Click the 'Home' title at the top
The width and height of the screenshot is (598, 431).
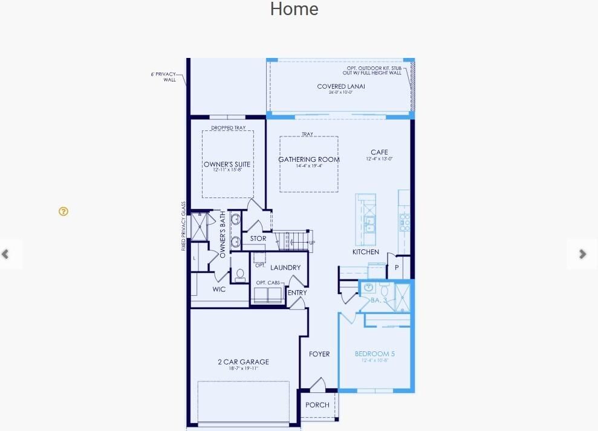pos(294,10)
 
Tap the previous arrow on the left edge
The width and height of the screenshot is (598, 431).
pos(6,254)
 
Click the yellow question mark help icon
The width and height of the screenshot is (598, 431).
pos(63,211)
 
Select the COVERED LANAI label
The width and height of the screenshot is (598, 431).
pos(341,86)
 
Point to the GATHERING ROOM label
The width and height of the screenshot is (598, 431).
pos(308,159)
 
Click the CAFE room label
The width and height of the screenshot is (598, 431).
pos(379,152)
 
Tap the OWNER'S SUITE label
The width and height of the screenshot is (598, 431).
pos(227,164)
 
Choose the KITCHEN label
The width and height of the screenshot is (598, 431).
pos(366,252)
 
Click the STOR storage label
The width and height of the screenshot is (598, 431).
pos(258,238)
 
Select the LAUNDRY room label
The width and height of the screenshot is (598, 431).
pos(285,267)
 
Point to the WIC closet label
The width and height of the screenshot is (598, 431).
pos(219,289)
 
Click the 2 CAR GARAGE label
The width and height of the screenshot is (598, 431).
pos(243,362)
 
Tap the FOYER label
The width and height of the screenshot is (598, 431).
pos(319,354)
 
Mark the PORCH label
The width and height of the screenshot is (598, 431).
pos(317,405)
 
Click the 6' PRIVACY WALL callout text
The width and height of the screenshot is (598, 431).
pos(164,77)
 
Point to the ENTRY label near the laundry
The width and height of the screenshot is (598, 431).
pos(297,293)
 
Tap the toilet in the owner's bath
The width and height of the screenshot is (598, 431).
pos(239,275)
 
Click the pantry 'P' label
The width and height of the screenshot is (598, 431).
pos(397,267)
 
